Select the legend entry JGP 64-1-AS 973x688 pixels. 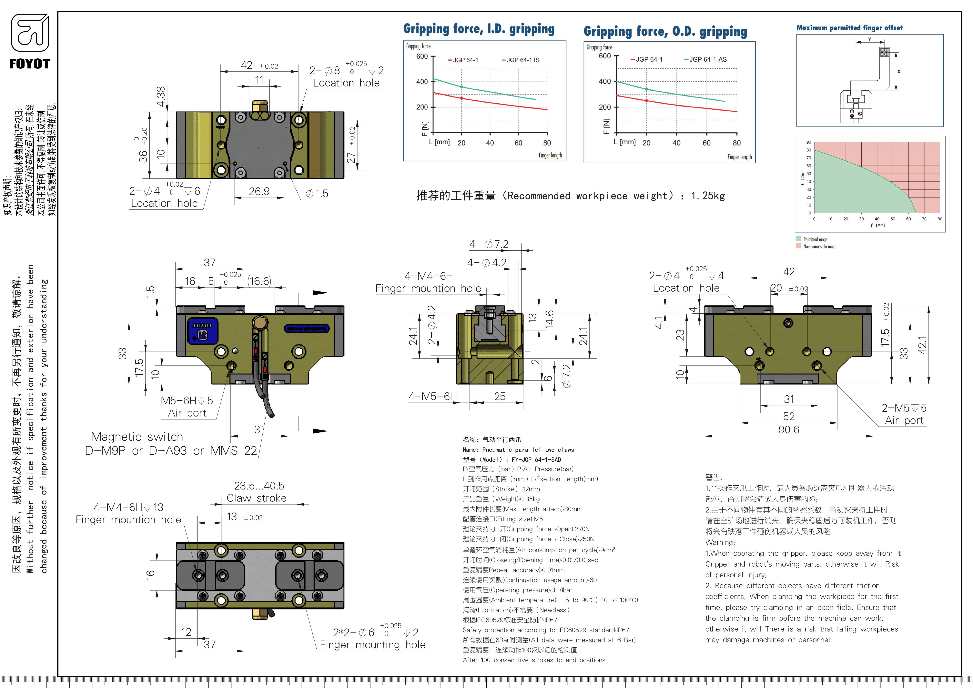click(708, 59)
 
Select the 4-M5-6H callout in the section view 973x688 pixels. click(432, 397)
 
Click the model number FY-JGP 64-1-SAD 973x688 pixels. click(536, 460)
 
